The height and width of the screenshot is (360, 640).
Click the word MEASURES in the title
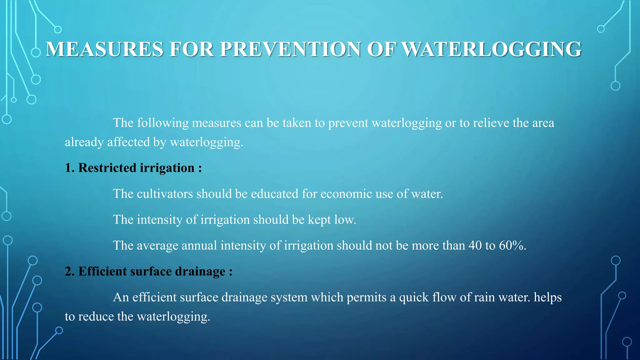pyautogui.click(x=104, y=49)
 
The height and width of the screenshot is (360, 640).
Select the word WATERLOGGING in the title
pyautogui.click(x=491, y=49)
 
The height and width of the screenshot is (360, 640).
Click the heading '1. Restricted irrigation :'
pyautogui.click(x=133, y=168)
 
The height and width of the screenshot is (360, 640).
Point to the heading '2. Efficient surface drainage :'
pyautogui.click(x=148, y=271)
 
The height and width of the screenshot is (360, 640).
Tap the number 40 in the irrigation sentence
pyautogui.click(x=475, y=245)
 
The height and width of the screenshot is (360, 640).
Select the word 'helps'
pyautogui.click(x=547, y=297)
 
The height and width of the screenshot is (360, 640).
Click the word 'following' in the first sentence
pyautogui.click(x=163, y=123)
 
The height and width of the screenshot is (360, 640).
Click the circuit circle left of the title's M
pyautogui.click(x=36, y=52)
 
